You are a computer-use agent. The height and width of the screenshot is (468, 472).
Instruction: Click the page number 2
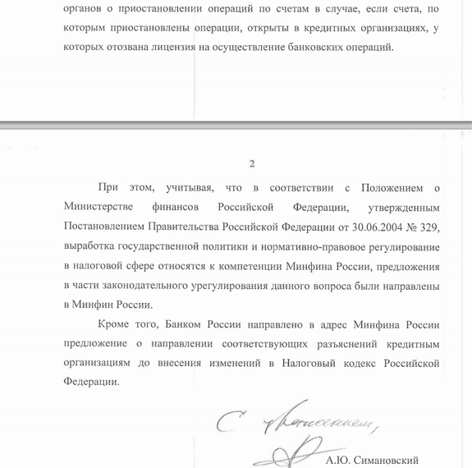(x=251, y=163)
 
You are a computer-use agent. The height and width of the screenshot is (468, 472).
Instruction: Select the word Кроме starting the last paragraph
(x=114, y=324)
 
